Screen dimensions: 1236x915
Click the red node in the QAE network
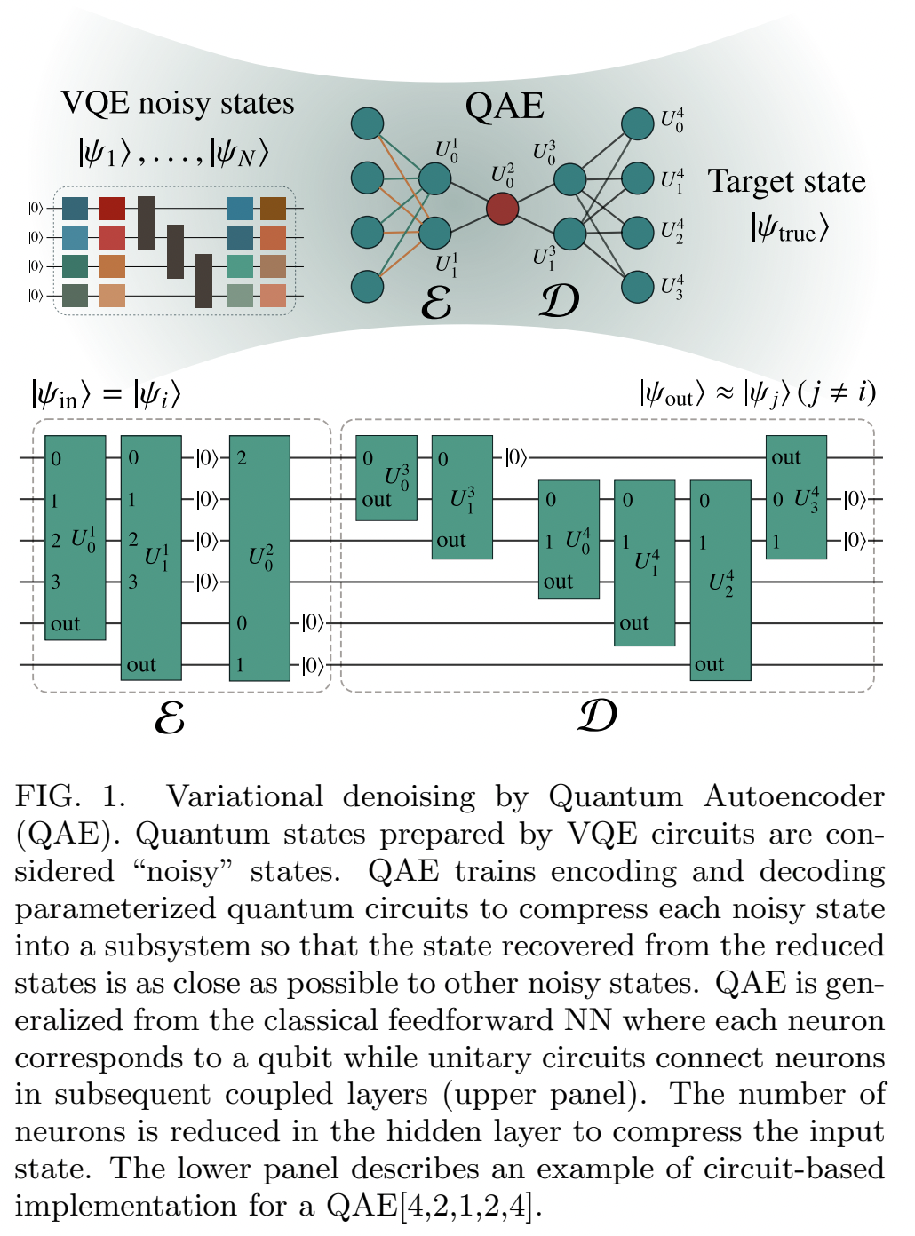point(503,209)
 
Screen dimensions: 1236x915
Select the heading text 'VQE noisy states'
point(178,103)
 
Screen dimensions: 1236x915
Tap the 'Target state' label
point(786,181)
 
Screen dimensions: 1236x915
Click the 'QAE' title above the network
point(504,106)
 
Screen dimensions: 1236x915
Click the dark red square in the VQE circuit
point(112,209)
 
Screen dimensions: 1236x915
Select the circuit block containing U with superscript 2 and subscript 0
point(259,558)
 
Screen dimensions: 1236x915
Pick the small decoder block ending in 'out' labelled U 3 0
point(386,478)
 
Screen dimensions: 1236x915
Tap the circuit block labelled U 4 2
point(720,581)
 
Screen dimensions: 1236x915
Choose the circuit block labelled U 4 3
point(797,497)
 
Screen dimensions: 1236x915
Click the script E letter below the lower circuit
point(170,717)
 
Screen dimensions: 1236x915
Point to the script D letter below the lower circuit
point(597,716)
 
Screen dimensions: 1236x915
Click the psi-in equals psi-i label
point(106,393)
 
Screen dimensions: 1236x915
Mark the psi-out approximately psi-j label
point(758,392)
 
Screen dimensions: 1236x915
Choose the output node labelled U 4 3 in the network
point(638,287)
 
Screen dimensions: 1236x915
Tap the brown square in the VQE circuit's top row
point(273,209)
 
